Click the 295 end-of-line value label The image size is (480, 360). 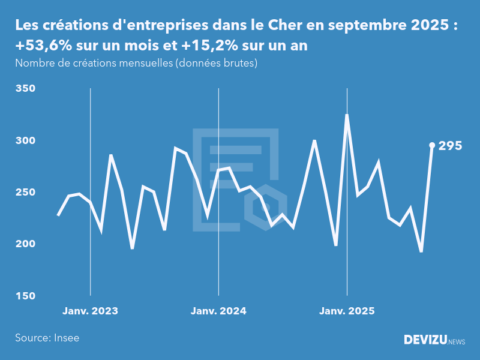pyautogui.click(x=450, y=146)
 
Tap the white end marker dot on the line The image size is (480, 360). pyautogui.click(x=432, y=145)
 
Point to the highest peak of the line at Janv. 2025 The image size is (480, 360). pyautogui.click(x=347, y=115)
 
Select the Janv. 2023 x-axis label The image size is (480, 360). pyautogui.click(x=91, y=311)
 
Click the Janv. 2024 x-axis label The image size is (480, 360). pyautogui.click(x=218, y=311)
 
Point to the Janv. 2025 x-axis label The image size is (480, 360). pyautogui.click(x=347, y=311)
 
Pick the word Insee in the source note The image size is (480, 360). pyautogui.click(x=66, y=338)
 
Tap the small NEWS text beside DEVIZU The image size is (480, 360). pyautogui.click(x=457, y=342)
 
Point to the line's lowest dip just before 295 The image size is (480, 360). pyautogui.click(x=421, y=251)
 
